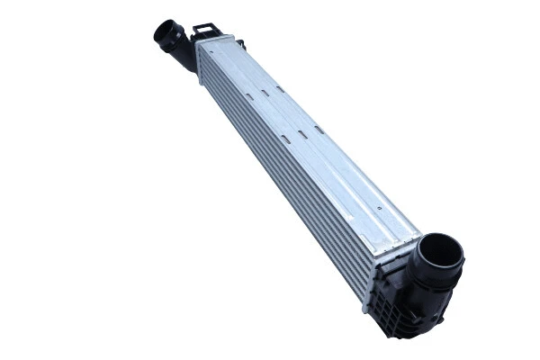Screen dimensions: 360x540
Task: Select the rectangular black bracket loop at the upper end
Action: point(204,31)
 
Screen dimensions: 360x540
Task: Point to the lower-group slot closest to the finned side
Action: point(285,137)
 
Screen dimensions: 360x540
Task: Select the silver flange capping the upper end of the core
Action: point(214,42)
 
